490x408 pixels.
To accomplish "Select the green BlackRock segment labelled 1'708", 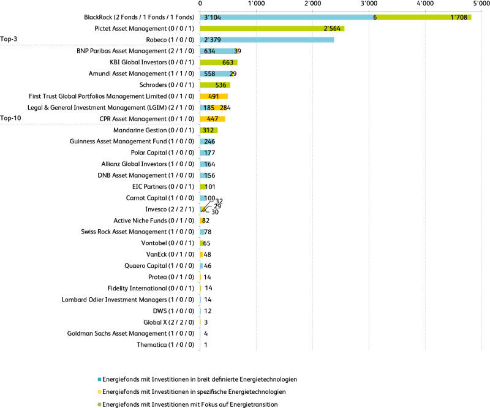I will click(x=423, y=17).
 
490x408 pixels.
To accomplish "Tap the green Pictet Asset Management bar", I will click(x=272, y=29).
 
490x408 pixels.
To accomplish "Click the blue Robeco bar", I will click(x=267, y=40).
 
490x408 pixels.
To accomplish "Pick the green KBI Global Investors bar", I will click(x=219, y=62).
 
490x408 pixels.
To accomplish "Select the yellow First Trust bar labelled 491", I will click(x=214, y=96).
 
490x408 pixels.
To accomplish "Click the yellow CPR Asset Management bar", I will click(x=213, y=119).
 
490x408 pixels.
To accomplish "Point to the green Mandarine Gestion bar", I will click(x=209, y=130).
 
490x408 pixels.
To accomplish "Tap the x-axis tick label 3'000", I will click(x=369, y=4).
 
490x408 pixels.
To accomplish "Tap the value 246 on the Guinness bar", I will click(x=209, y=142).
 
